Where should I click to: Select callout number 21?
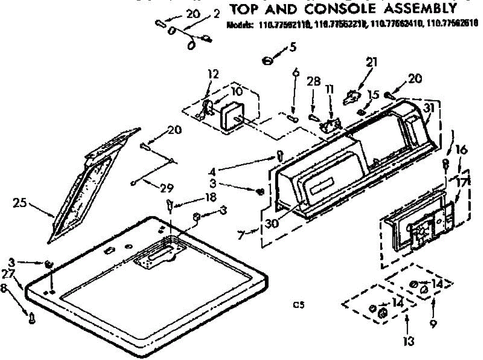point(372,62)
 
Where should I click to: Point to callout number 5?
point(293,47)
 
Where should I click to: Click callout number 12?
point(213,74)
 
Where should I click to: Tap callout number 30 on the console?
point(273,222)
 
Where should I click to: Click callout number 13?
point(409,341)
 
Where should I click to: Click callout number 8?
point(5,288)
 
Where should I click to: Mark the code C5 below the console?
point(298,305)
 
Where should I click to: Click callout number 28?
point(314,82)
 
